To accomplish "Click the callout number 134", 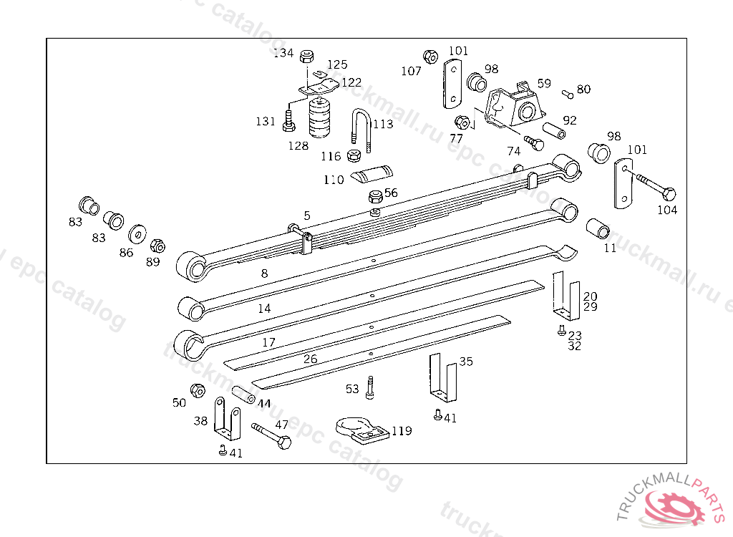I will click(284, 53).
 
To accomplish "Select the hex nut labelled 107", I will click(430, 57).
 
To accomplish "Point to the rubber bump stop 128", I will click(319, 117).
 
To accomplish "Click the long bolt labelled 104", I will click(654, 188).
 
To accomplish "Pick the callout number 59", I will click(544, 83).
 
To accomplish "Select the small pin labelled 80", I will click(567, 92).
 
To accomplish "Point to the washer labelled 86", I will click(136, 234).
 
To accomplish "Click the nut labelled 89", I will click(158, 246).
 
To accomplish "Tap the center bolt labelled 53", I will click(369, 387).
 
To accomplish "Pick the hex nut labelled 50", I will click(198, 390).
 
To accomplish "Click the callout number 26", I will click(310, 359).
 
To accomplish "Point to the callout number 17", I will click(268, 342).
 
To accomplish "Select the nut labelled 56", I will click(375, 198).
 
